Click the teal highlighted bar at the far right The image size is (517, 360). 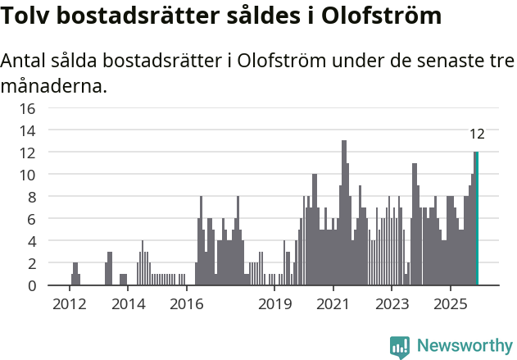tap(476, 218)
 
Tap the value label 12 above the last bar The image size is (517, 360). tap(477, 134)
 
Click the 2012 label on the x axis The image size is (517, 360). tap(69, 304)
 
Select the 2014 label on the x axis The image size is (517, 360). tap(127, 304)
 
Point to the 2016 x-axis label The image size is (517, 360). tap(186, 304)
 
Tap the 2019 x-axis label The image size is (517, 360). tap(274, 304)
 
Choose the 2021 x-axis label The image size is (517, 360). tap(333, 304)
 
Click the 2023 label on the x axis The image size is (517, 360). tap(392, 304)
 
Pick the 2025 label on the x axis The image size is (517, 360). tap(451, 304)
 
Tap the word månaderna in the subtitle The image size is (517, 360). tap(52, 85)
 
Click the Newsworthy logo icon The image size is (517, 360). tap(400, 346)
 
